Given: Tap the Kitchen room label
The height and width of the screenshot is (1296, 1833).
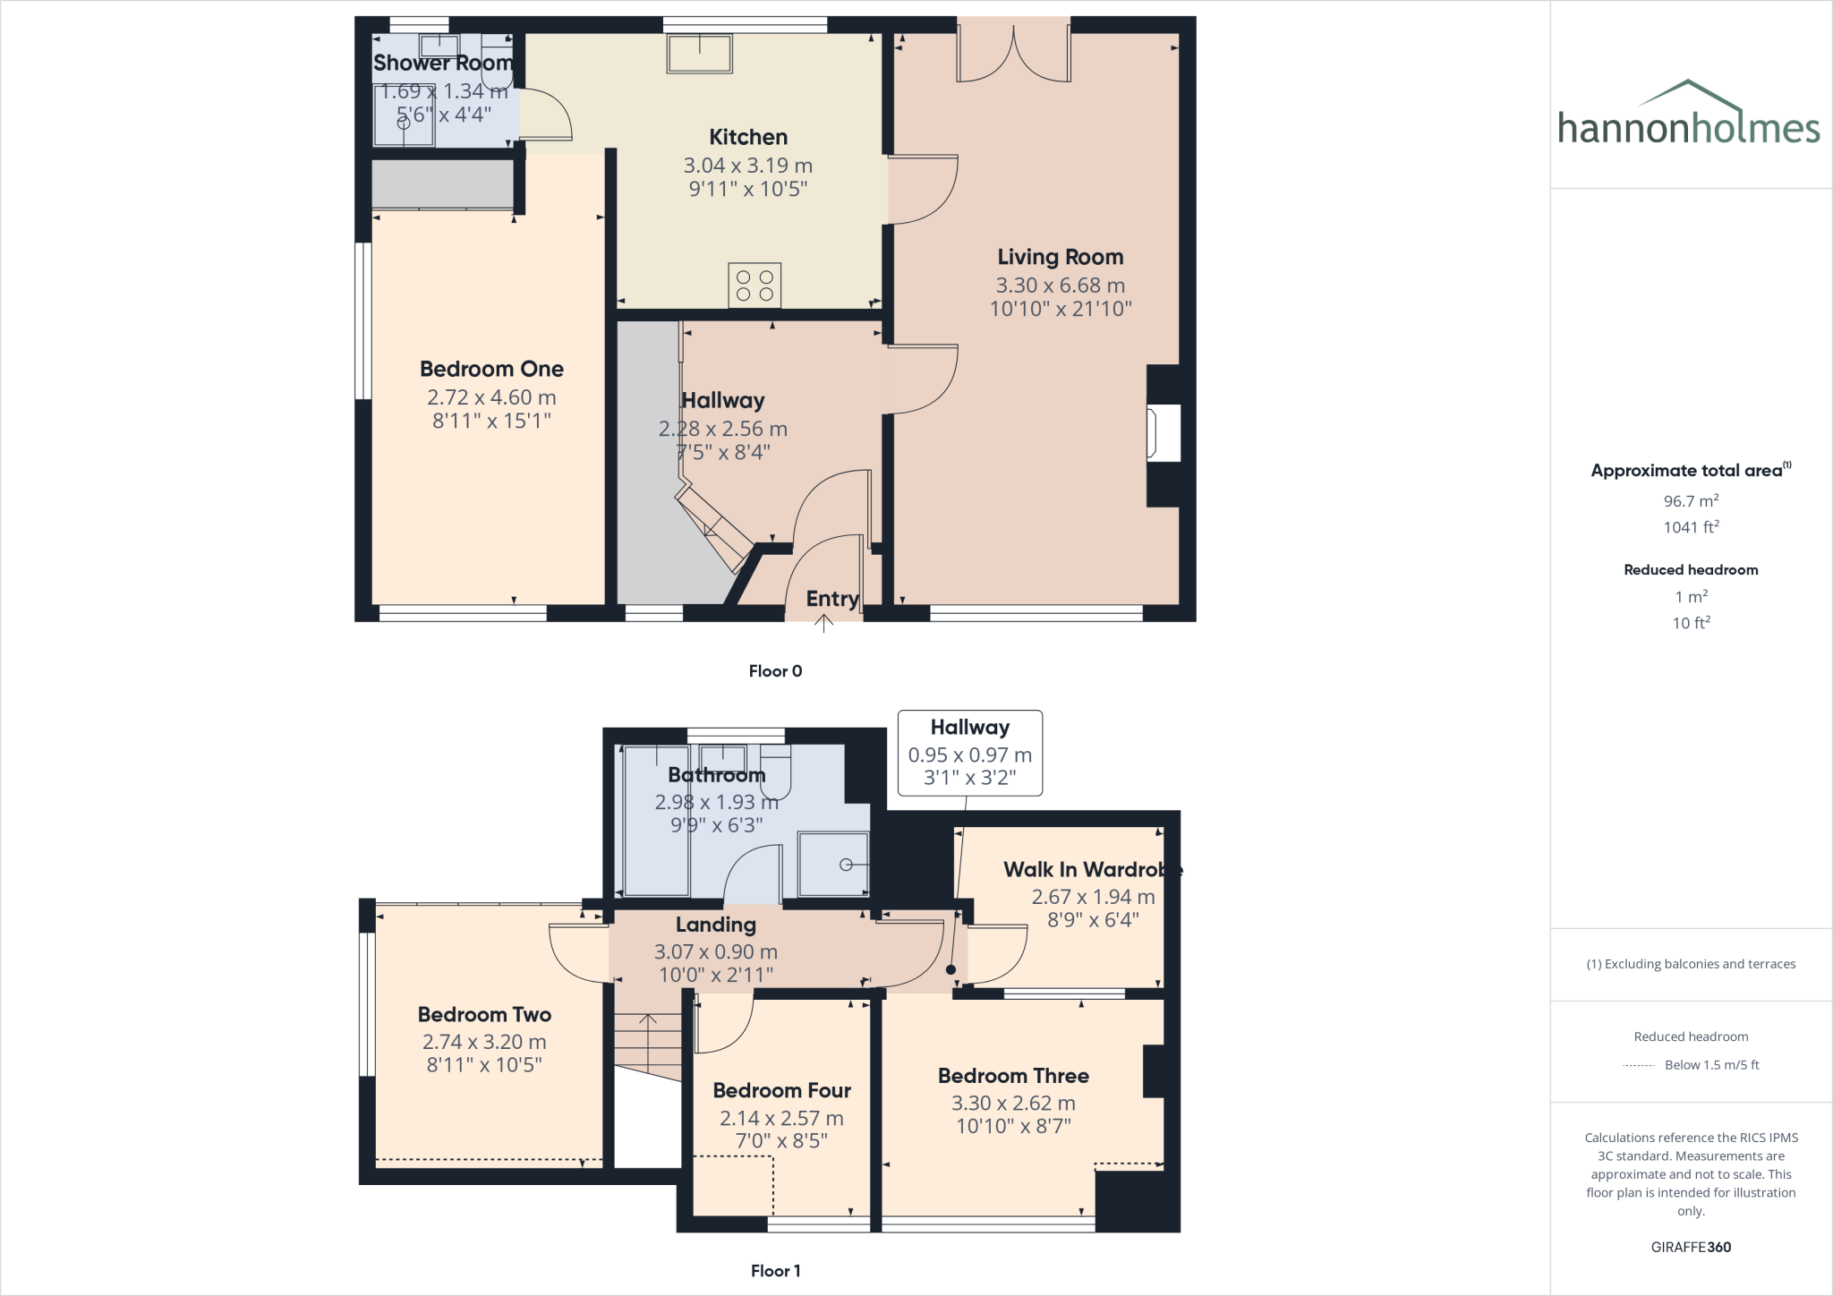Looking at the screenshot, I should pyautogui.click(x=748, y=137).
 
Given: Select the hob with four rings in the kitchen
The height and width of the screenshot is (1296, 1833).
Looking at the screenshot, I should pyautogui.click(x=755, y=286).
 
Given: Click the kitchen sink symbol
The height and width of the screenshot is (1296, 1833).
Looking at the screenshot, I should pyautogui.click(x=699, y=53).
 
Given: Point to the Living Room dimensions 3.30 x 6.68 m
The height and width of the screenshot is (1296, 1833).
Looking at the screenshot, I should pyautogui.click(x=1061, y=286).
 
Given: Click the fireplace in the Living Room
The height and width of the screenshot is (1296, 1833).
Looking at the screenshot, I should pyautogui.click(x=1164, y=433).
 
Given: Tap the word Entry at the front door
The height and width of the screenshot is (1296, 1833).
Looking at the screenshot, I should pyautogui.click(x=832, y=599).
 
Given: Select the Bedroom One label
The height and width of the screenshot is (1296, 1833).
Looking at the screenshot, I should pyautogui.click(x=491, y=369).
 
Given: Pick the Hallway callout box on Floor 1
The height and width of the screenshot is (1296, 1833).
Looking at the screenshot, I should pyautogui.click(x=970, y=753).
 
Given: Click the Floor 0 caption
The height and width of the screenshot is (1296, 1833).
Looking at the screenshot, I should pyautogui.click(x=775, y=671).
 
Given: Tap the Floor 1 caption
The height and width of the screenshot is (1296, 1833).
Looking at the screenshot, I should pyautogui.click(x=775, y=1271).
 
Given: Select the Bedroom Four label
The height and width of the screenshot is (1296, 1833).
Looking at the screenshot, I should pyautogui.click(x=781, y=1090).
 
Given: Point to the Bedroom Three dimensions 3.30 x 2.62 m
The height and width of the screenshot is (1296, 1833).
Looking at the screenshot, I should pyautogui.click(x=1013, y=1104).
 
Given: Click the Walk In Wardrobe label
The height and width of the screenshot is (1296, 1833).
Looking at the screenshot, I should pyautogui.click(x=1092, y=869).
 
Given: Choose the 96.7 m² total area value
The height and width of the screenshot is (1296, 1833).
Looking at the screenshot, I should pyautogui.click(x=1691, y=501).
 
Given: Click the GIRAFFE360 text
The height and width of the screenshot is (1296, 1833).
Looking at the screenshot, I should pyautogui.click(x=1691, y=1247).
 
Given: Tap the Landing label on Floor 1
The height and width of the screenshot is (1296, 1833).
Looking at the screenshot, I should pyautogui.click(x=715, y=925).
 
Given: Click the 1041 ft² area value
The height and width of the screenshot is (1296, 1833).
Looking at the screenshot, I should pyautogui.click(x=1691, y=527).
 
